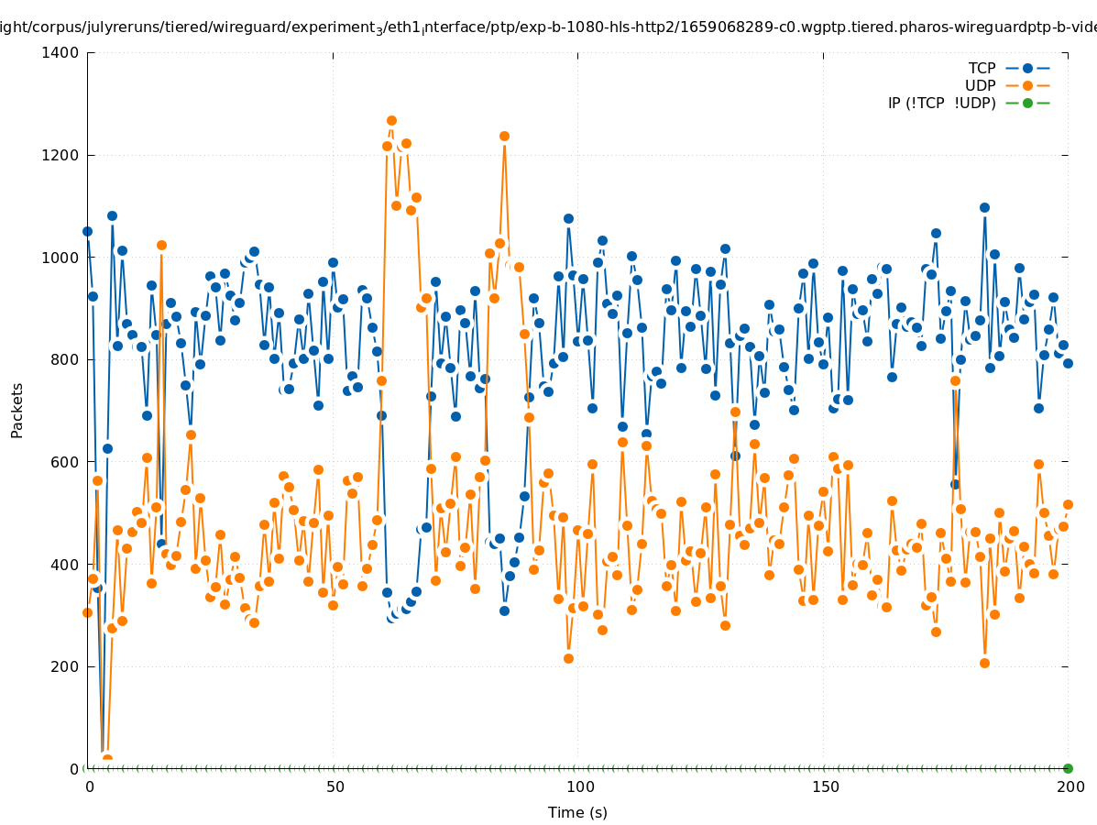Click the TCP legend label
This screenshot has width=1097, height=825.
pyautogui.click(x=982, y=68)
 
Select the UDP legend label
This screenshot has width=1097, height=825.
pyautogui.click(x=980, y=85)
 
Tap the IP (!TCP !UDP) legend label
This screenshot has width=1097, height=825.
pyautogui.click(x=941, y=103)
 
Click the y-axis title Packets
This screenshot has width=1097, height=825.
pyautogui.click(x=17, y=411)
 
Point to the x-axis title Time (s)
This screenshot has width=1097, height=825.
pyautogui.click(x=577, y=812)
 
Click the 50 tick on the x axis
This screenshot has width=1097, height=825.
pyautogui.click(x=335, y=786)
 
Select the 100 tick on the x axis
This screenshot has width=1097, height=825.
pyautogui.click(x=579, y=786)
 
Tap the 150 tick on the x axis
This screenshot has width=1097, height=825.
pyautogui.click(x=824, y=786)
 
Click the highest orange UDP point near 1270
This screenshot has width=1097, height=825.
pyautogui.click(x=391, y=121)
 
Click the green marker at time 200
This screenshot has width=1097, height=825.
pyautogui.click(x=1068, y=768)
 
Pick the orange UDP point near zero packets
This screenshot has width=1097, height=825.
pyautogui.click(x=107, y=759)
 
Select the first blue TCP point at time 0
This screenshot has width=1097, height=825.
pyautogui.click(x=88, y=232)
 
